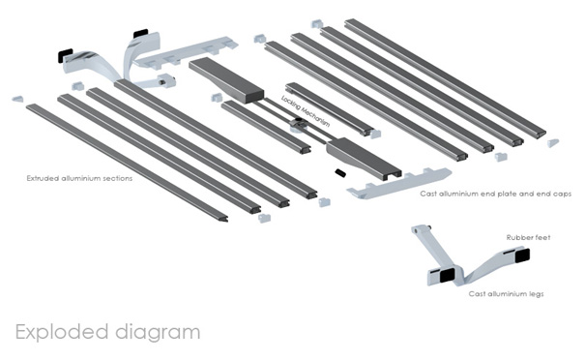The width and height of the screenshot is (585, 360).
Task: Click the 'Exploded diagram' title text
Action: (x=108, y=333)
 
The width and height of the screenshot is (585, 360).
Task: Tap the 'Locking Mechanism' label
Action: (x=306, y=111)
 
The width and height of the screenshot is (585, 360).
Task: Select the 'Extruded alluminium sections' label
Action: (x=79, y=178)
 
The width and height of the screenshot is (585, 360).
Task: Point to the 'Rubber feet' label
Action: (x=528, y=237)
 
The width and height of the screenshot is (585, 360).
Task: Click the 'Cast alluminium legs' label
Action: (x=507, y=294)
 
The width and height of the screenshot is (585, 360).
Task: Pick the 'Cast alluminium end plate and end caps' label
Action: (x=496, y=194)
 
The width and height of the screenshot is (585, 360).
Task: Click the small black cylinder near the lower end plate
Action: (x=339, y=173)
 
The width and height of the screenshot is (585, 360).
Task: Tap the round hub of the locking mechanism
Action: (x=298, y=123)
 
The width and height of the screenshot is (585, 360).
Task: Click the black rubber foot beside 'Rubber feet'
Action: (x=522, y=255)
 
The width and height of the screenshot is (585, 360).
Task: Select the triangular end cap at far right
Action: (x=553, y=143)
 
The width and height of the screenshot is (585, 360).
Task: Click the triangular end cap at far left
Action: (x=17, y=99)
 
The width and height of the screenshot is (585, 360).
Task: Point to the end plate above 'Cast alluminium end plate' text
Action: (x=399, y=183)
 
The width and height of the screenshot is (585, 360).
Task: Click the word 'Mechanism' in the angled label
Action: (x=315, y=116)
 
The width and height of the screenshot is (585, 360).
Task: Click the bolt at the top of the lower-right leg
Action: (x=429, y=225)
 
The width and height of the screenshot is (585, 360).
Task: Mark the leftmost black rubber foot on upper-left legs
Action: (x=66, y=55)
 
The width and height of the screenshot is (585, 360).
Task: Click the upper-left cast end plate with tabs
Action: (x=187, y=52)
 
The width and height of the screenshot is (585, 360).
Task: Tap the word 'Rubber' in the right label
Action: (x=517, y=237)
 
